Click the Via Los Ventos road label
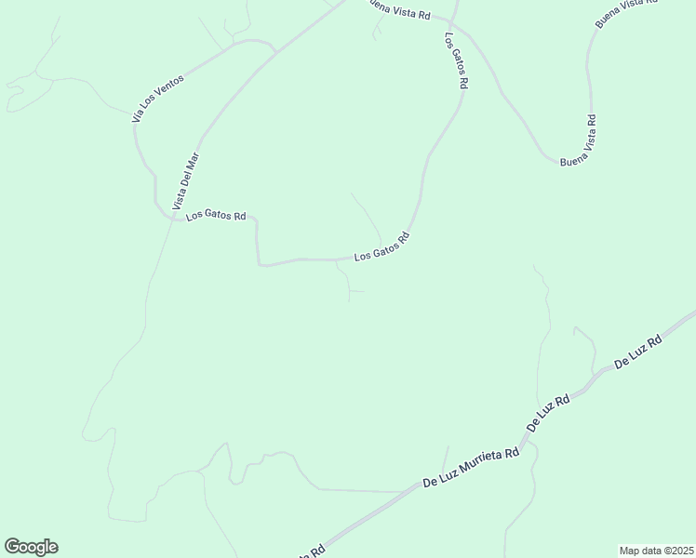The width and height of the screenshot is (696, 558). [158, 99]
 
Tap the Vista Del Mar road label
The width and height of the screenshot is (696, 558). [186, 180]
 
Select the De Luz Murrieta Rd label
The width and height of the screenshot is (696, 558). [471, 468]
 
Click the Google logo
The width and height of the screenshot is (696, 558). [31, 547]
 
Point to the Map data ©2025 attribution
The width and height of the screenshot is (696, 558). [656, 550]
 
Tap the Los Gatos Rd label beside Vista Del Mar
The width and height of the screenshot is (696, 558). [215, 216]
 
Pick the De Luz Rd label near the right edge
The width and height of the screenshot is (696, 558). [638, 353]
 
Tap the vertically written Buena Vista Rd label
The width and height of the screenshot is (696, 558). [590, 138]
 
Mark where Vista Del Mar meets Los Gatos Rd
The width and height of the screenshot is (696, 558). [174, 217]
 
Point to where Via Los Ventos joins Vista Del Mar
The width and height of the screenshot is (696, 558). [276, 52]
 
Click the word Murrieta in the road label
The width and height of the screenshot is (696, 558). [482, 463]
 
